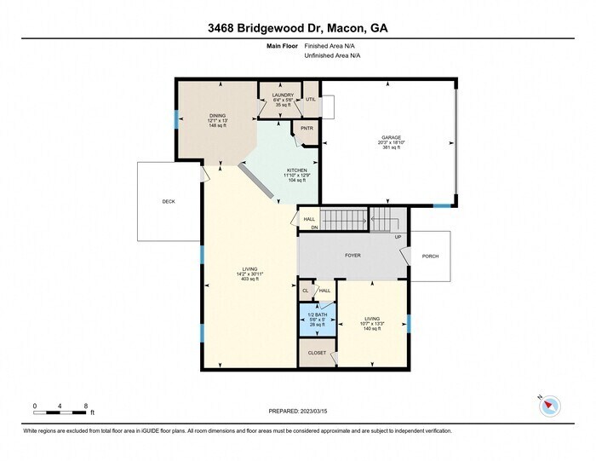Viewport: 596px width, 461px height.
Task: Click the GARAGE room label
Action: [391, 136]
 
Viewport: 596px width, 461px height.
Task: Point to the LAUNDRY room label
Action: [283, 95]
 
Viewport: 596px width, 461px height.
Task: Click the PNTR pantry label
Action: [307, 129]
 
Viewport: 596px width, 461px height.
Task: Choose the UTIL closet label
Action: [311, 99]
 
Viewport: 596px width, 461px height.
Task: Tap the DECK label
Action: [169, 202]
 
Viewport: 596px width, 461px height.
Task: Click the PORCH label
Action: [430, 256]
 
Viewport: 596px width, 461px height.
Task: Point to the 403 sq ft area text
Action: [250, 279]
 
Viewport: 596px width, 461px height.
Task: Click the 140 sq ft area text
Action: [371, 328]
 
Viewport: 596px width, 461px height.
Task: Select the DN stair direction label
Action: [313, 228]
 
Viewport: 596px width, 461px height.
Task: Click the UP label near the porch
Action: [397, 237]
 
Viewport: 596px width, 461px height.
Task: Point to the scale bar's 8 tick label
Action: [86, 406]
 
